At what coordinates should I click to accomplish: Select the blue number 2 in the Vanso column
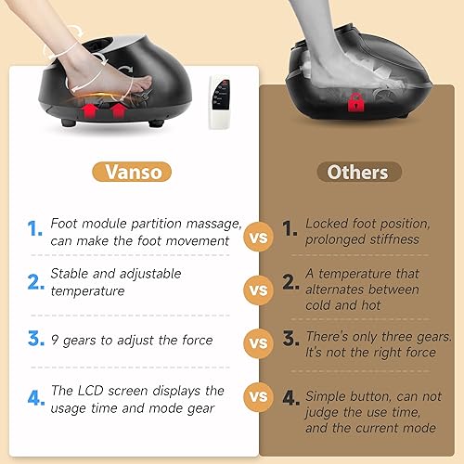(34, 283)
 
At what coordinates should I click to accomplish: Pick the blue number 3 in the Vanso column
(34, 341)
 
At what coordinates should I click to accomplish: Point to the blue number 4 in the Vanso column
(34, 399)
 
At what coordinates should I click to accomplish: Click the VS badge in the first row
(258, 238)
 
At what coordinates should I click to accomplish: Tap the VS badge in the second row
(258, 290)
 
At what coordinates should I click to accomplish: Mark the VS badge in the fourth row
(258, 398)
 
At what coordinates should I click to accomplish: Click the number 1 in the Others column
(290, 228)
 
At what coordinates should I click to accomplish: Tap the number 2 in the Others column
(290, 282)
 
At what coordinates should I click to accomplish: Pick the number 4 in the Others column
(290, 399)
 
